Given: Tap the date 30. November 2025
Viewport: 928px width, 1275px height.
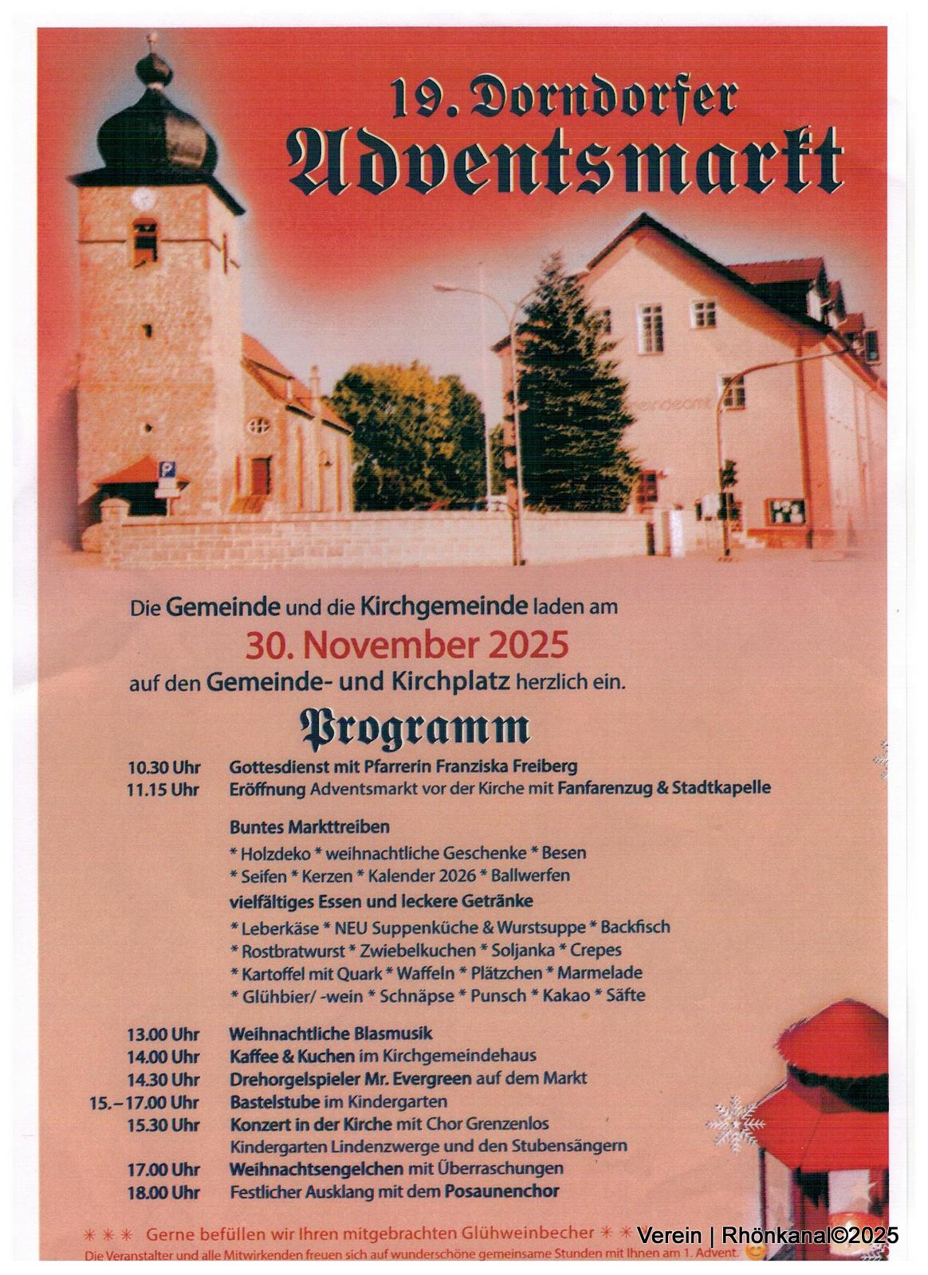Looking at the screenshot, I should click(x=407, y=645).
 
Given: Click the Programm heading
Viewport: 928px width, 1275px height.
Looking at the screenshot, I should click(x=414, y=728).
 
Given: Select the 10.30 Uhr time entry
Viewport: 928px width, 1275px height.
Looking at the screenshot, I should click(x=163, y=767).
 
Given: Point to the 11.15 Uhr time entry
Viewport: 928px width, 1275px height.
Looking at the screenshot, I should click(x=163, y=790).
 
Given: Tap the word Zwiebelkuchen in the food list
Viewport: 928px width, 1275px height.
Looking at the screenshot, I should click(x=415, y=950).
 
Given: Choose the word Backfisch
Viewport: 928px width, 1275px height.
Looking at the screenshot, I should click(x=635, y=927).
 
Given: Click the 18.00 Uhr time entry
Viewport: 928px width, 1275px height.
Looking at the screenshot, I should click(x=163, y=1192).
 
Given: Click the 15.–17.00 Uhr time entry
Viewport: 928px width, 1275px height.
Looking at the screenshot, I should click(x=144, y=1103).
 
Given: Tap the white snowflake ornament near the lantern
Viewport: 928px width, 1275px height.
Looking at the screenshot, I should click(x=736, y=1124).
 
